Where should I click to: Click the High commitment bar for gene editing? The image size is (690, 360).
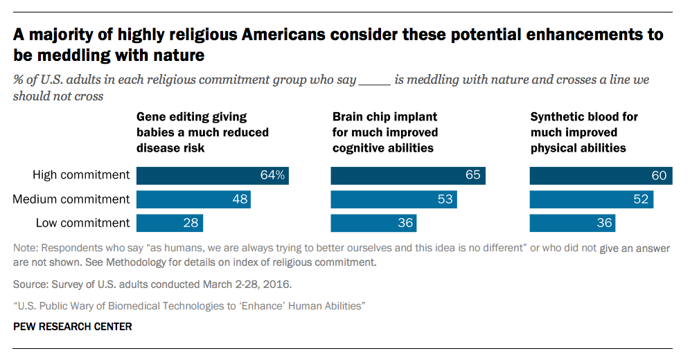pos(212,176)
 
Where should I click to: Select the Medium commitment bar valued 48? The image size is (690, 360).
pos(193,199)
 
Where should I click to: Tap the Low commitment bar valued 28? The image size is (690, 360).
pos(170,223)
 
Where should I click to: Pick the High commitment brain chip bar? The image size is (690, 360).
pos(408,176)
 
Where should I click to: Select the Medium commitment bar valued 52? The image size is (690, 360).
pos(592,199)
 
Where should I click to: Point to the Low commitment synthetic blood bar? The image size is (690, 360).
pos(572,223)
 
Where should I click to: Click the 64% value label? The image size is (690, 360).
pos(272,176)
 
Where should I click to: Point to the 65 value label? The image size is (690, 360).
pos(472,176)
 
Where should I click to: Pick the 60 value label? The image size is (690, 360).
pos(659,176)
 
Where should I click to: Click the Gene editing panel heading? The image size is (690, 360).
pos(202,132)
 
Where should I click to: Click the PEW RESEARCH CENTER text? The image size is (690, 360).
pos(72,326)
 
